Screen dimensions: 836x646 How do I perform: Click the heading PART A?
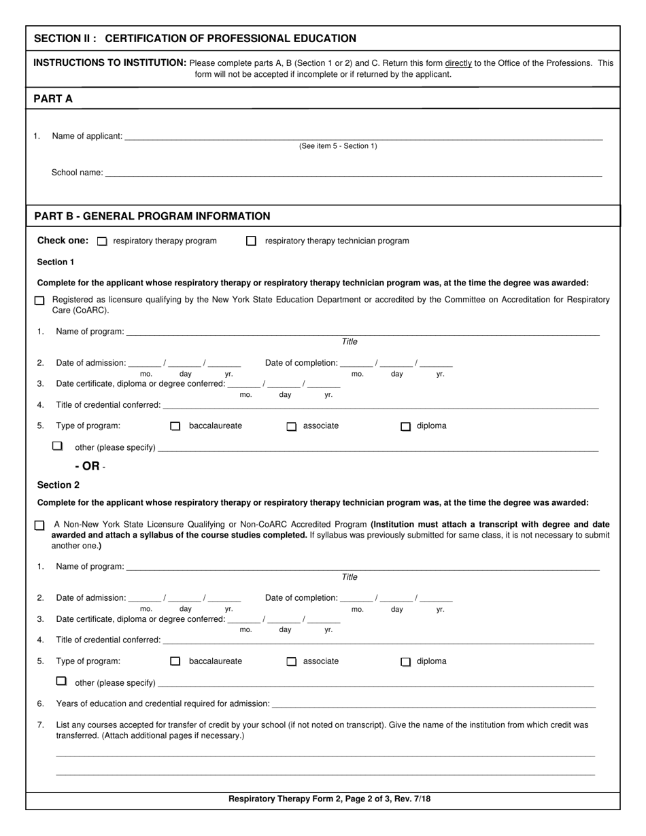pyautogui.click(x=53, y=99)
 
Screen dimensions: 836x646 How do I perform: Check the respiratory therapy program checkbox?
pyautogui.click(x=103, y=241)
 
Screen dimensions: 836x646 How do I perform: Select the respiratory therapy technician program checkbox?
pyautogui.click(x=251, y=241)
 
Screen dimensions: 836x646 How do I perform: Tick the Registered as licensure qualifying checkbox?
pyautogui.click(x=39, y=300)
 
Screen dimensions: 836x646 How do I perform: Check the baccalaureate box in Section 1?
pyautogui.click(x=175, y=426)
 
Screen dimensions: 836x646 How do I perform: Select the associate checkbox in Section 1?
pyautogui.click(x=292, y=427)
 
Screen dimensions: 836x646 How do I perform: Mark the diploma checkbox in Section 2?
pyautogui.click(x=406, y=662)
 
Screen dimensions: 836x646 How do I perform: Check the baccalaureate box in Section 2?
pyautogui.click(x=175, y=661)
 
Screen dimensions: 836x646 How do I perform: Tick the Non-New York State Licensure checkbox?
pyautogui.click(x=39, y=525)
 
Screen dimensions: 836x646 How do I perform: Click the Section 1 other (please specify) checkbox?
pyautogui.click(x=58, y=447)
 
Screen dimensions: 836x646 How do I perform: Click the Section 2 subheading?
pyautogui.click(x=58, y=485)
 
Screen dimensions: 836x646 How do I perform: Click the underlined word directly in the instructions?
pyautogui.click(x=458, y=63)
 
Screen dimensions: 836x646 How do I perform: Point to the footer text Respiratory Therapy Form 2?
pyautogui.click(x=329, y=799)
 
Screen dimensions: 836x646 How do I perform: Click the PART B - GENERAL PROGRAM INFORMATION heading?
pyautogui.click(x=152, y=216)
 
